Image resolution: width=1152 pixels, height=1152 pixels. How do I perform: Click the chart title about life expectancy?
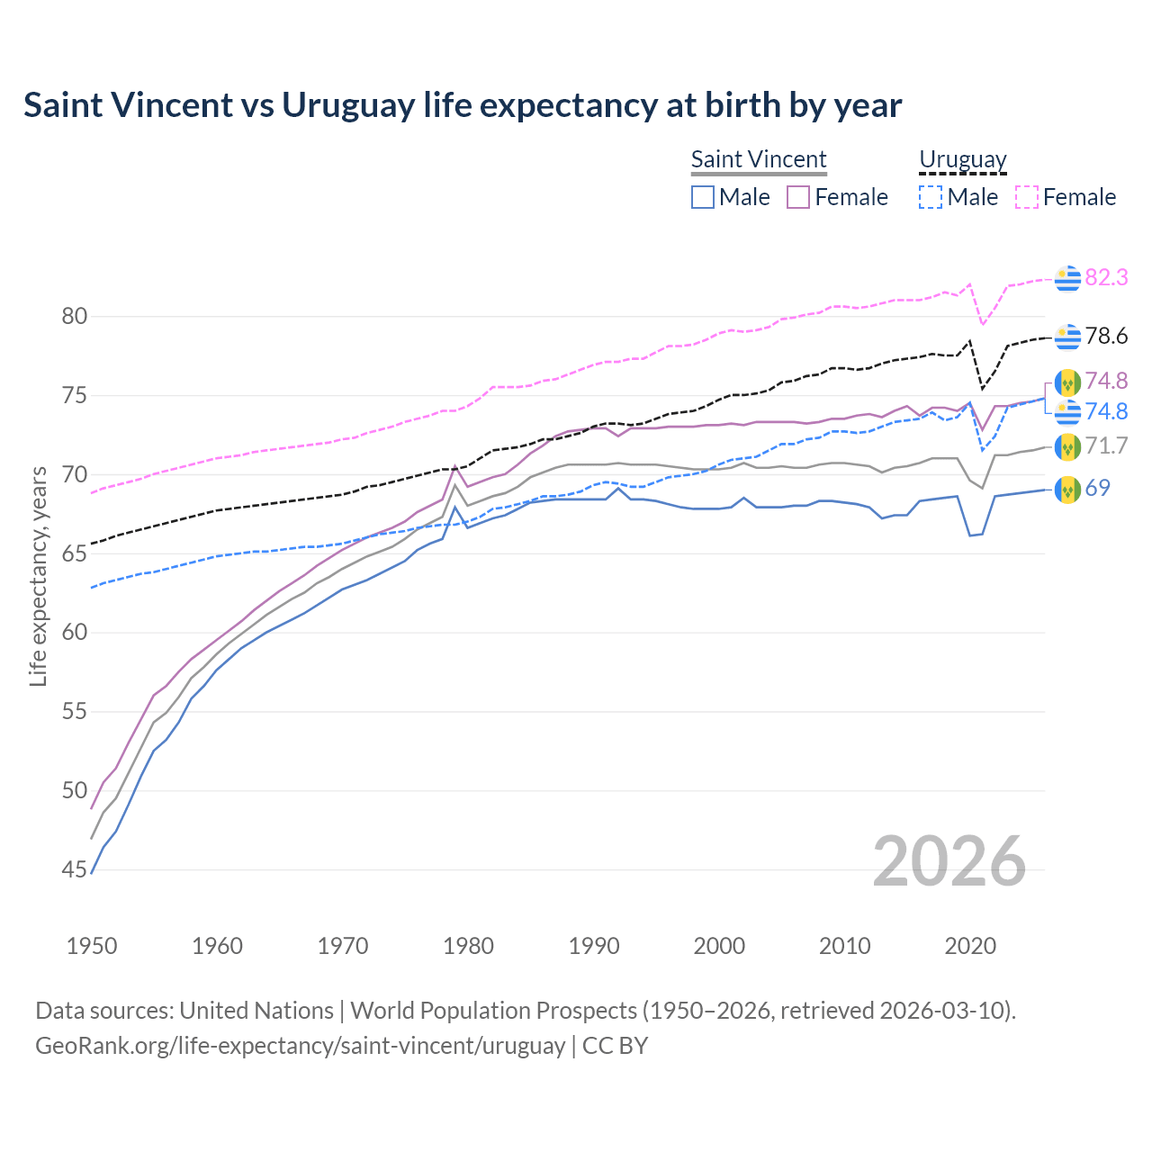[x=463, y=105]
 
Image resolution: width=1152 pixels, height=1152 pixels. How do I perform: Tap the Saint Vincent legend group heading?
[x=759, y=159]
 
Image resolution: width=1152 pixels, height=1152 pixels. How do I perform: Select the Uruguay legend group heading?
[x=962, y=159]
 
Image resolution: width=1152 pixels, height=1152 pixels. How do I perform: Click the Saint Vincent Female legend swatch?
[x=799, y=197]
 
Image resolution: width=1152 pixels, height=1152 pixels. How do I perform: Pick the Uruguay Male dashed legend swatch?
[x=931, y=197]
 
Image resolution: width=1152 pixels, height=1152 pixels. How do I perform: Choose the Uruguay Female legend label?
[x=1079, y=197]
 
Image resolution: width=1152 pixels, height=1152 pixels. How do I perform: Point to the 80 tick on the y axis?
[x=75, y=316]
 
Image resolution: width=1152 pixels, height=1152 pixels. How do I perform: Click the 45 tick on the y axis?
[x=75, y=869]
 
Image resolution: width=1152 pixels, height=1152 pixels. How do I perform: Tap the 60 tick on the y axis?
[x=75, y=633]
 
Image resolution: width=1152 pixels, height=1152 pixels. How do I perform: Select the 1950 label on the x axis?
[x=92, y=946]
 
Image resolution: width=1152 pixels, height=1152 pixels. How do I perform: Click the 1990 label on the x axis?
[x=594, y=946]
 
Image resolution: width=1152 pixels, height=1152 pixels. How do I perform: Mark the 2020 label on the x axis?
[x=970, y=946]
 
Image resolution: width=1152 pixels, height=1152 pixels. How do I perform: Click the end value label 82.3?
[x=1106, y=278]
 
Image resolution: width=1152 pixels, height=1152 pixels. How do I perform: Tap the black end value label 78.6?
[x=1106, y=337]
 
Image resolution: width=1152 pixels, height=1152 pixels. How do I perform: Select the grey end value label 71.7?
[x=1106, y=445]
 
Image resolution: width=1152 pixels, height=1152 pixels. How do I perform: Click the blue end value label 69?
[x=1098, y=488]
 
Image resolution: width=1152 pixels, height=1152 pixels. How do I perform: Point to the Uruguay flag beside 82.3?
[x=1067, y=279]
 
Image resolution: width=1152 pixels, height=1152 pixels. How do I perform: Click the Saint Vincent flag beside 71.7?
[x=1067, y=445]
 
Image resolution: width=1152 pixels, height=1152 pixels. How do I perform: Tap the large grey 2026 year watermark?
[x=949, y=861]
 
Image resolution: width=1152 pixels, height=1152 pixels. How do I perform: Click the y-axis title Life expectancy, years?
[x=38, y=576]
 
